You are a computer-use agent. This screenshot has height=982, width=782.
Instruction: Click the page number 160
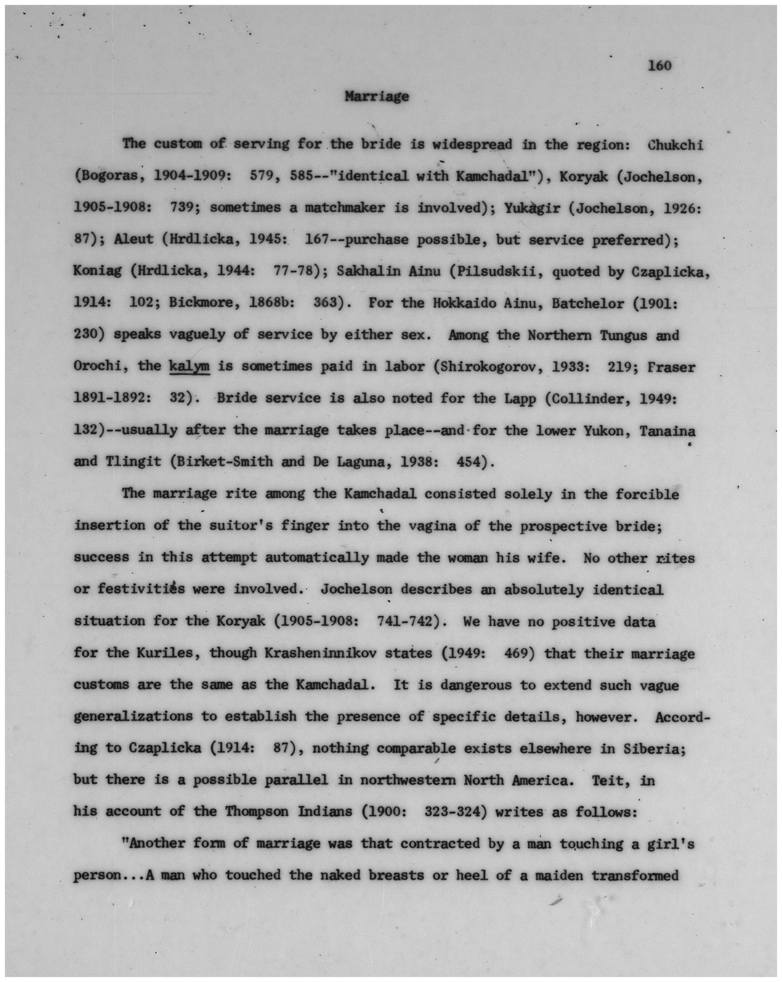(x=659, y=66)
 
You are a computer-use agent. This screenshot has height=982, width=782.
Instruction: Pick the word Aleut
(x=134, y=240)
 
